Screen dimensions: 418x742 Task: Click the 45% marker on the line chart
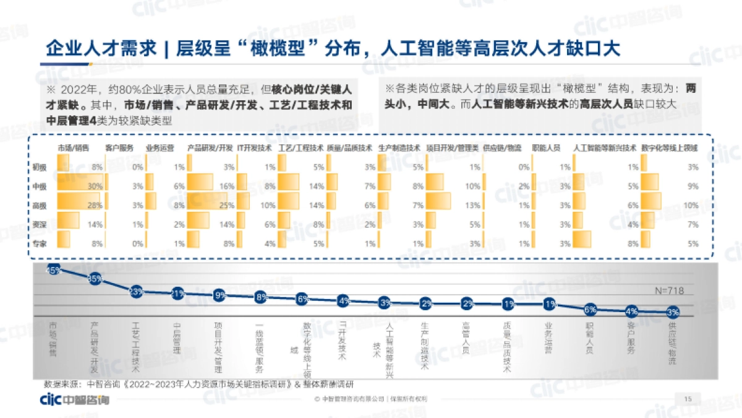[x=53, y=270]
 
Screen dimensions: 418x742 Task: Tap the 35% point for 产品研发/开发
[x=95, y=279]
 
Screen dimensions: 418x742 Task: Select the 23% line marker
[x=137, y=292]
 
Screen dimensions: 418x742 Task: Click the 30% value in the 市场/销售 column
[x=95, y=186]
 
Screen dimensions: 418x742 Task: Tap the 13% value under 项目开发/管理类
[x=473, y=205]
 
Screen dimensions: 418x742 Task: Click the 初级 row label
[x=40, y=167]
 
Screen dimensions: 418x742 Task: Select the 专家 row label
[x=40, y=243]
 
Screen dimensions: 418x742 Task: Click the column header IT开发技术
[x=254, y=149]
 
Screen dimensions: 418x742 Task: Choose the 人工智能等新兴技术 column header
[x=605, y=149]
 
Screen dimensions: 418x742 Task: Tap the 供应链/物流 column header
[x=501, y=149]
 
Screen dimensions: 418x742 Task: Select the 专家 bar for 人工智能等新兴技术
[x=582, y=240]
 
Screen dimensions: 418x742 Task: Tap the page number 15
[x=688, y=399]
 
